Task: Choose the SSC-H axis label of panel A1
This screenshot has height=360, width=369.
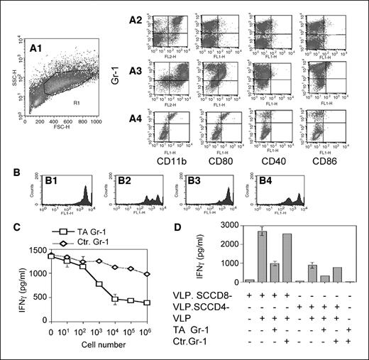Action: pos(9,79)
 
